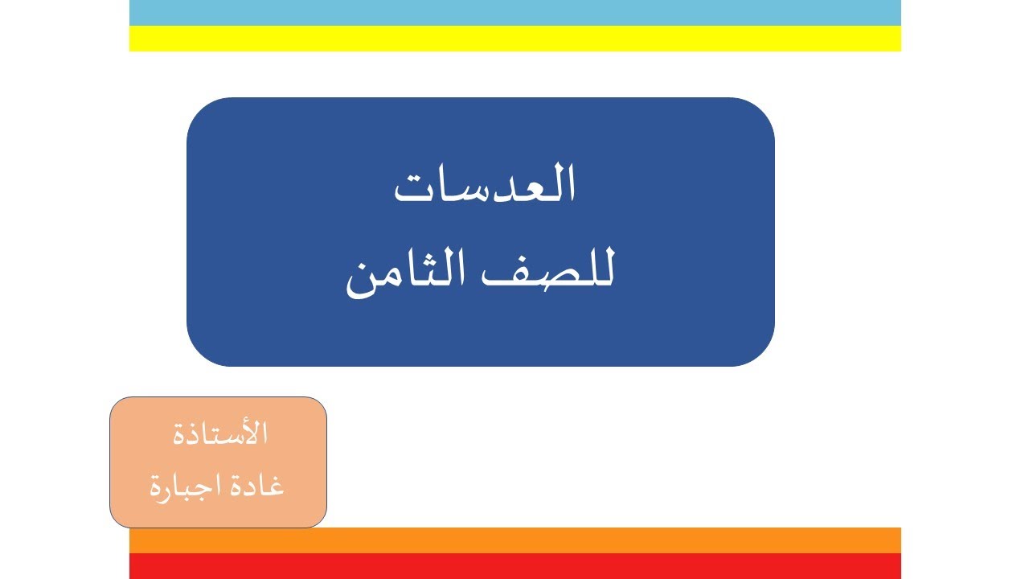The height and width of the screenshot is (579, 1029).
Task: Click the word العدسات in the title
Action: (x=485, y=187)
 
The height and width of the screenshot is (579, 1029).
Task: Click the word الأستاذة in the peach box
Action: (x=219, y=434)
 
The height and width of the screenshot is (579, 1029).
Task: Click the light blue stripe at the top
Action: (x=514, y=13)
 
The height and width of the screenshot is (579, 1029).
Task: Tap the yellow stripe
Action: (x=514, y=39)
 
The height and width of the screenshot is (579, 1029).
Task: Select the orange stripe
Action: (x=514, y=540)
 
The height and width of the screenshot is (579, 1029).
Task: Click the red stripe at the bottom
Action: (x=514, y=566)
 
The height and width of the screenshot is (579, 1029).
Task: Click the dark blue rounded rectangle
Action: (x=480, y=338)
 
